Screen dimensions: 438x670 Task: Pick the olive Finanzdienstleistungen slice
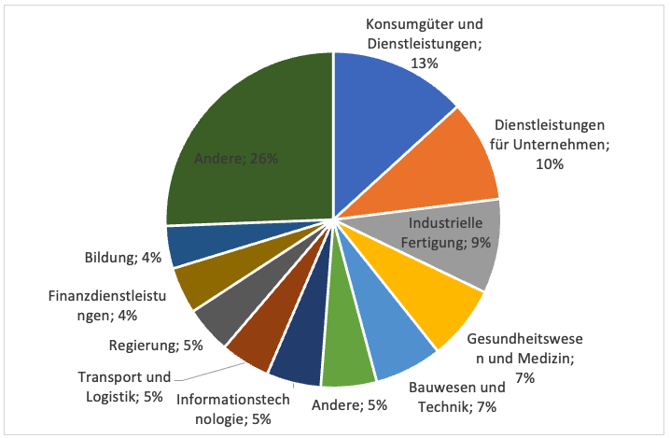coord(198,285)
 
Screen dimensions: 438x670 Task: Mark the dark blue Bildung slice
coord(187,247)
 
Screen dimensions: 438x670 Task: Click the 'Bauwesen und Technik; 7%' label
coord(454,397)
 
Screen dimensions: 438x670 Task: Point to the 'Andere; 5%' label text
coord(350,404)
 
